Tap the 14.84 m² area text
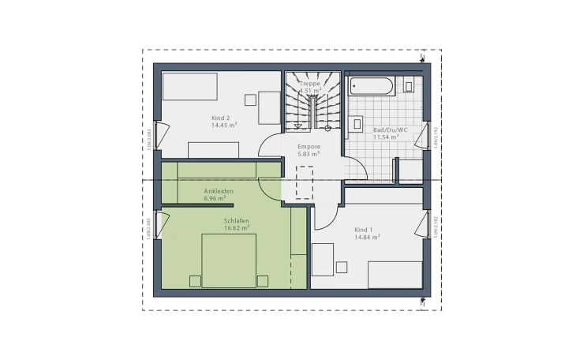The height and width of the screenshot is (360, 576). point(368,237)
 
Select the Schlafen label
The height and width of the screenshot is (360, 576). point(237,220)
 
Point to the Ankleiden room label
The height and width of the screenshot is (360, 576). point(219,191)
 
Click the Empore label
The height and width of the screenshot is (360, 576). point(309,147)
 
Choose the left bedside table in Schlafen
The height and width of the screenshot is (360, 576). point(194,280)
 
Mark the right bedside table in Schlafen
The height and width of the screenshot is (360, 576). point(262,280)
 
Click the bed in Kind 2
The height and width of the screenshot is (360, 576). point(189,87)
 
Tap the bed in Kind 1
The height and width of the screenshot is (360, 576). point(395,274)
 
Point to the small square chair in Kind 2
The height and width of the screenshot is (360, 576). point(250,99)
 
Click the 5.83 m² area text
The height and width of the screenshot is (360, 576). point(309,155)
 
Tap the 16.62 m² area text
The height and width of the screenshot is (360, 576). point(237,228)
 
